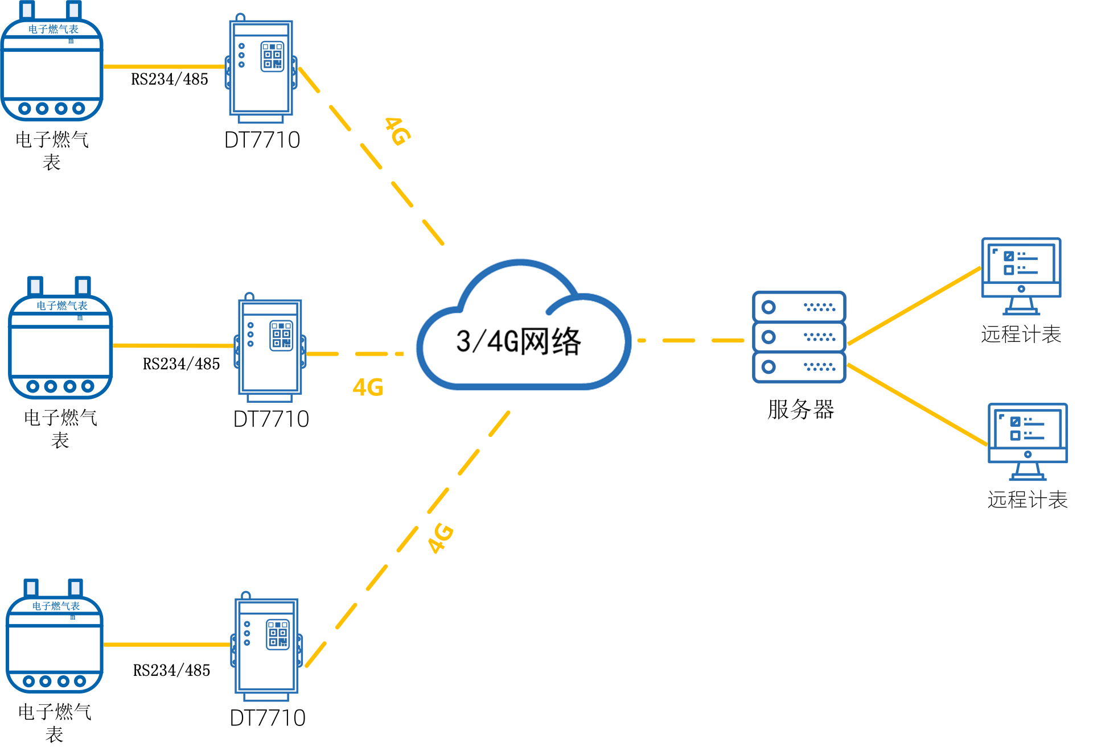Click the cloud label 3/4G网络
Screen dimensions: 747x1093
pyautogui.click(x=518, y=341)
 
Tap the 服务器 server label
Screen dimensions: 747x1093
pyautogui.click(x=800, y=410)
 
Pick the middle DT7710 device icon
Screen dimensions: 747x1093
pyautogui.click(x=270, y=347)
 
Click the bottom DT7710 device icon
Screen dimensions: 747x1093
pyautogui.click(x=266, y=646)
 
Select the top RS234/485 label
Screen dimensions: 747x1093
pyautogui.click(x=170, y=80)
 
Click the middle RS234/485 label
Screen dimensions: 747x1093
pyautogui.click(x=181, y=364)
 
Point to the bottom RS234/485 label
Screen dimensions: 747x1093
pyautogui.click(x=171, y=671)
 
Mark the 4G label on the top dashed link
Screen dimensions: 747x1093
pyautogui.click(x=398, y=131)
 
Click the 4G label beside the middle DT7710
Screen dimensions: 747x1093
pyautogui.click(x=368, y=387)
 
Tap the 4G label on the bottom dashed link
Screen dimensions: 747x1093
pyautogui.click(x=441, y=538)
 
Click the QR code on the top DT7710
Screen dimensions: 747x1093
pyautogui.click(x=272, y=56)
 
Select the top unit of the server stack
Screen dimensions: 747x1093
pyautogui.click(x=799, y=307)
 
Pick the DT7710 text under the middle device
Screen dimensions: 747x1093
pyautogui.click(x=271, y=419)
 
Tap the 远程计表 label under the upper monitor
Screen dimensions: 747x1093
pyautogui.click(x=1021, y=335)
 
